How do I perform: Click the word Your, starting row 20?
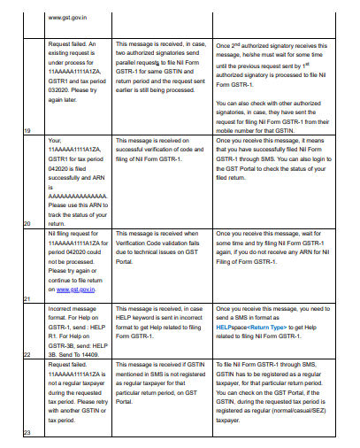click(57, 139)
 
